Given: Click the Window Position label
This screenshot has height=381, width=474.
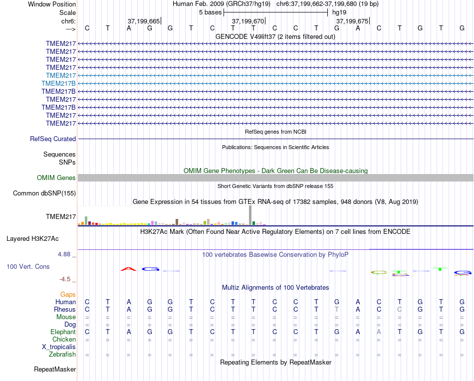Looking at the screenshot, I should pyautogui.click(x=52, y=4).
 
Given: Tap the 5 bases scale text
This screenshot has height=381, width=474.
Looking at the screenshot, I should pyautogui.click(x=210, y=12).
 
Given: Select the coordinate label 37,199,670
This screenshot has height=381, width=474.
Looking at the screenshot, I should pyautogui.click(x=248, y=21).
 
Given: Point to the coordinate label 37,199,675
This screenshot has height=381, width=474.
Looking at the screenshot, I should pyautogui.click(x=352, y=21).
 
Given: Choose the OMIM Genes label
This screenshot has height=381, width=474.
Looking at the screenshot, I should pyautogui.click(x=56, y=178).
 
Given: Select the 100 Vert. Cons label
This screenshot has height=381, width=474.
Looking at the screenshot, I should pyautogui.click(x=28, y=267).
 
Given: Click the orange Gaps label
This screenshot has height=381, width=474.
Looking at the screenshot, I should pyautogui.click(x=68, y=295).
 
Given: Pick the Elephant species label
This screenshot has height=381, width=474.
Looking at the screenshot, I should pyautogui.click(x=63, y=332).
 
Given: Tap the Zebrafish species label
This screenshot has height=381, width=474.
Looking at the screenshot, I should pyautogui.click(x=62, y=355).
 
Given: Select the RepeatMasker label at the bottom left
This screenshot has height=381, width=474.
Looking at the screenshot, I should pyautogui.click(x=55, y=370).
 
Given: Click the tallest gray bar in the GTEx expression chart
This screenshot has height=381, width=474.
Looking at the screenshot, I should pyautogui.click(x=250, y=215).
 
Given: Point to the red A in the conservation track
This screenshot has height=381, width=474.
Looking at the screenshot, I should pyautogui.click(x=129, y=269).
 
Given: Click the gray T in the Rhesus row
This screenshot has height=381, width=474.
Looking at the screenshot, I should pyautogui.click(x=337, y=310).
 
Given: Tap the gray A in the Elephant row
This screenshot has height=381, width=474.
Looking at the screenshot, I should pyautogui.click(x=379, y=332).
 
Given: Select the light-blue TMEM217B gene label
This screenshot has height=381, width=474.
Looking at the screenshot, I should pyautogui.click(x=59, y=83).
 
